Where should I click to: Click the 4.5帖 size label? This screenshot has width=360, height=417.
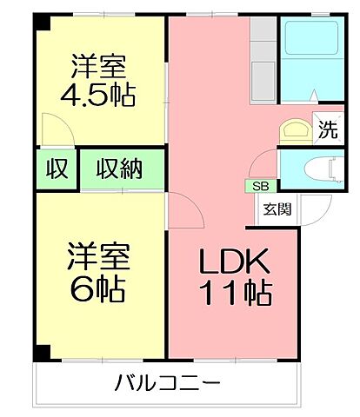(97, 95)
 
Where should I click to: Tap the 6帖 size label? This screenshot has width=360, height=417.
(98, 287)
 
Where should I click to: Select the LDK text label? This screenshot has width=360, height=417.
(234, 261)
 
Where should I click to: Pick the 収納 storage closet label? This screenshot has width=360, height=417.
(119, 169)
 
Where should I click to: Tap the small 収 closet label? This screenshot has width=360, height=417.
(57, 169)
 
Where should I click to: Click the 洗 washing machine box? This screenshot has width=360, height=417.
(327, 131)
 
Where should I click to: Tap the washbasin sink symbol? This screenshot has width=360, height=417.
(293, 130)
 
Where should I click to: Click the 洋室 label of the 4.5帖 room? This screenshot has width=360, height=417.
(97, 65)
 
